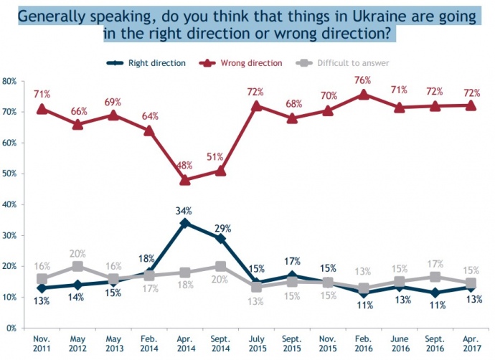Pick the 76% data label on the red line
click(x=363, y=80)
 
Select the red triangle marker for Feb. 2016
click(x=364, y=94)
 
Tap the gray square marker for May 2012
click(x=78, y=266)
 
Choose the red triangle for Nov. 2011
click(x=42, y=109)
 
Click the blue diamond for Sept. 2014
click(x=221, y=238)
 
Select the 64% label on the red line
click(x=148, y=117)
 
